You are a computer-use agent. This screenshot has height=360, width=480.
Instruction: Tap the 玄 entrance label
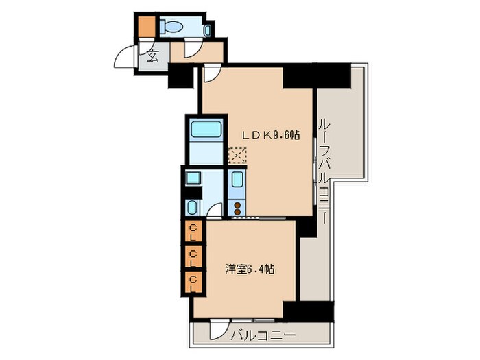pos(152,57)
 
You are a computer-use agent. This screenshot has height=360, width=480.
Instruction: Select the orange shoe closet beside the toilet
pos(146,27)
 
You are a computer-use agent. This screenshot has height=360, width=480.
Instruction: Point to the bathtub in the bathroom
pos(203,130)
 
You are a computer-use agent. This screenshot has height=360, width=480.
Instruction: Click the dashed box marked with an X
pos(236,156)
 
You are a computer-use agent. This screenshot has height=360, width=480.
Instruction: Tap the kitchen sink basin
pos(237,182)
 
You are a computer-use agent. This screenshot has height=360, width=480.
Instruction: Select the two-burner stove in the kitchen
pos(237,206)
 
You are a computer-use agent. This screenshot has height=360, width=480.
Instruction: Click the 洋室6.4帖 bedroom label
pos(250,269)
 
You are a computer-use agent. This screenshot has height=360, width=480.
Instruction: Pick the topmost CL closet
pos(193,229)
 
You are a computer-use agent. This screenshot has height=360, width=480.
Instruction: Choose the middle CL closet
pos(193,254)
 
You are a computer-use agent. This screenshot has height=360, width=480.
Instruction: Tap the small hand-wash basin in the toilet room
pos(206,29)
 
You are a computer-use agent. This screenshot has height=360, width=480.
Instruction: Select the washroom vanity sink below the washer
pos(193,207)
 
